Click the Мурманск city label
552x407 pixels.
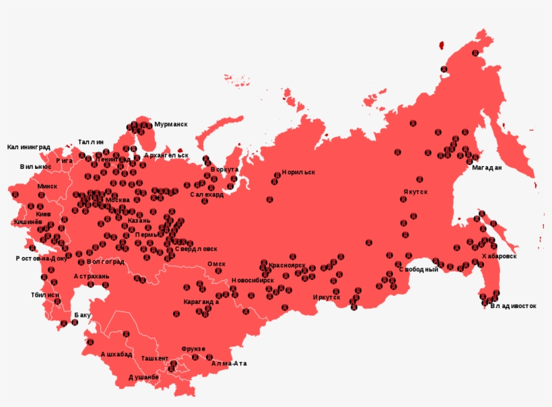click(x=170, y=124)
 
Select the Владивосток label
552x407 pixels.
click(x=513, y=306)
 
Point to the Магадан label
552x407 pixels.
click(x=486, y=168)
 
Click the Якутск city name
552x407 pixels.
click(x=415, y=192)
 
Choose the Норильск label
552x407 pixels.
click(x=298, y=172)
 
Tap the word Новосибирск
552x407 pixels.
click(x=253, y=280)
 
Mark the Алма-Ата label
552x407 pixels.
click(x=229, y=363)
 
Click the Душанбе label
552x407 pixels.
click(x=143, y=377)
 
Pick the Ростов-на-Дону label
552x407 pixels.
click(x=42, y=258)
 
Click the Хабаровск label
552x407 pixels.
click(x=499, y=256)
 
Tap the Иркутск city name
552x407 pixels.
click(x=326, y=297)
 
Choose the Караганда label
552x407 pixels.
click(x=201, y=301)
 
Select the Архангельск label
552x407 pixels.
click(x=166, y=155)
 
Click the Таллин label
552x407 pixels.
click(x=91, y=142)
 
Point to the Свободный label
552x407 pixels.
click(x=418, y=269)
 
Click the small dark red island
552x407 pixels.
click(x=442, y=45)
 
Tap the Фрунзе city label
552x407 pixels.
click(x=194, y=349)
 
